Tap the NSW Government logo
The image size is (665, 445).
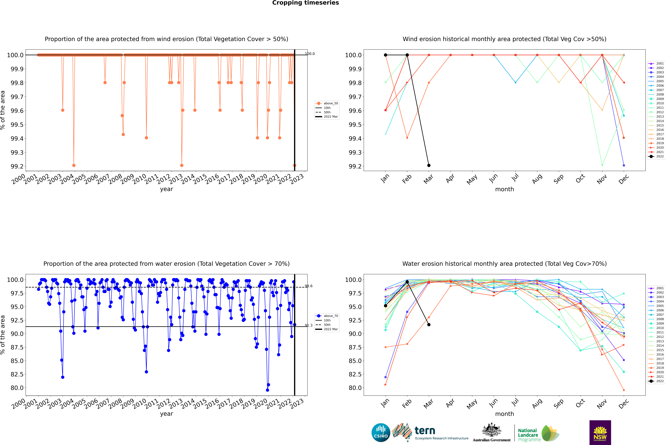(600, 433)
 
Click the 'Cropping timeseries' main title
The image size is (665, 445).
(305, 3)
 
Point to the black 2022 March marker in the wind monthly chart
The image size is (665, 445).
(429, 165)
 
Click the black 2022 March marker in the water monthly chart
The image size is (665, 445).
(429, 325)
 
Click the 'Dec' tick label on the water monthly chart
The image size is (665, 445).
(624, 404)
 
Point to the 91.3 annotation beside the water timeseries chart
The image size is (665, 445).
(309, 326)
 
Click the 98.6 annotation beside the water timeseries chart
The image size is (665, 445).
(309, 286)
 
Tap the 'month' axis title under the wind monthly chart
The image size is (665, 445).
(504, 189)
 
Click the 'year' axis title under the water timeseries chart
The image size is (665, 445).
(166, 414)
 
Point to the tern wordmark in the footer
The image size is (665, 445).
(425, 431)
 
